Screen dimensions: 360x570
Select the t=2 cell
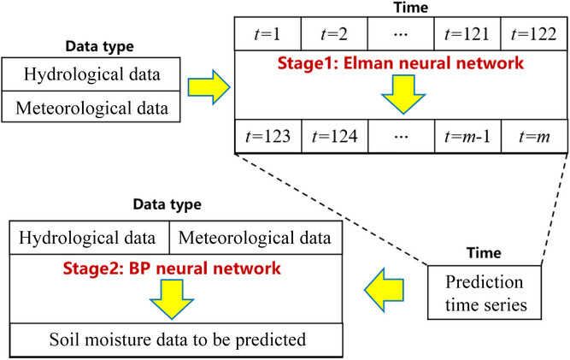(x=333, y=34)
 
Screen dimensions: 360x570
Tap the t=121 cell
(x=467, y=34)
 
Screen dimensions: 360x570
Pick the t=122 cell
(x=532, y=34)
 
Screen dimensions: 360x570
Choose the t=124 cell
(x=333, y=136)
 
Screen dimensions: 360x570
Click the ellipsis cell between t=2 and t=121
(x=400, y=34)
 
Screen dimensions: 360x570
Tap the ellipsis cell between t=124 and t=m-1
(x=400, y=136)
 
